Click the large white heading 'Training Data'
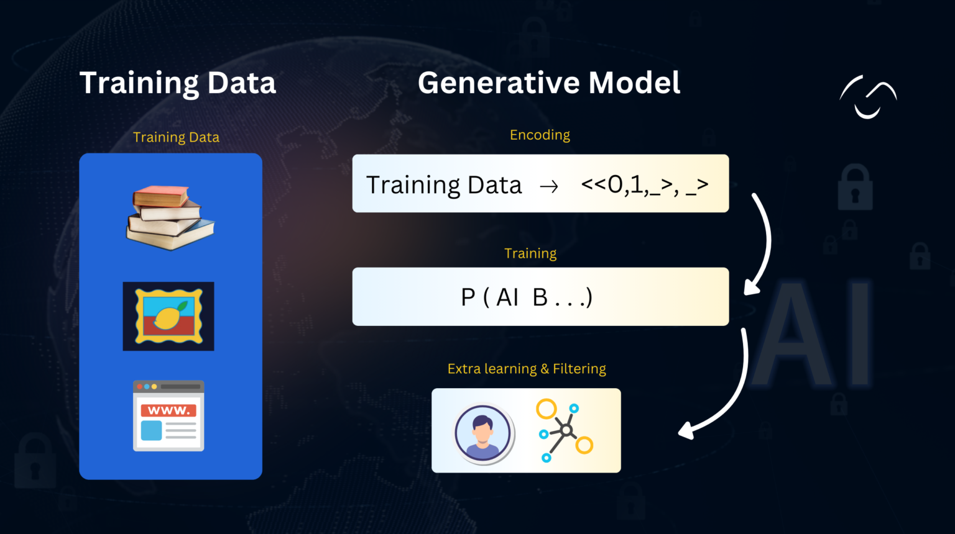(x=177, y=83)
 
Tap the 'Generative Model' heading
(x=548, y=83)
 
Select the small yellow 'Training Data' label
(x=176, y=137)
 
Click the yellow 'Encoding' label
(x=540, y=135)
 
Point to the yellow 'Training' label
(x=530, y=253)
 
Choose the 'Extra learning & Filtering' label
(x=527, y=369)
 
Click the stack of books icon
(x=170, y=217)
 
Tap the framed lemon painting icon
(x=168, y=316)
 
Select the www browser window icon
(x=168, y=415)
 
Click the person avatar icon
(x=482, y=433)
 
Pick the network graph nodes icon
(x=564, y=430)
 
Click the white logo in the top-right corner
(x=868, y=97)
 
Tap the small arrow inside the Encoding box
(x=548, y=186)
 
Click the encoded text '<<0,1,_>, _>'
(x=644, y=184)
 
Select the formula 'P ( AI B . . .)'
(x=527, y=297)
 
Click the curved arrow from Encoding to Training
(x=762, y=242)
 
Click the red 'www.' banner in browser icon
(x=168, y=410)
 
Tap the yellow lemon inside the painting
(x=167, y=317)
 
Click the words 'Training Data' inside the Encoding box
(x=444, y=185)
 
